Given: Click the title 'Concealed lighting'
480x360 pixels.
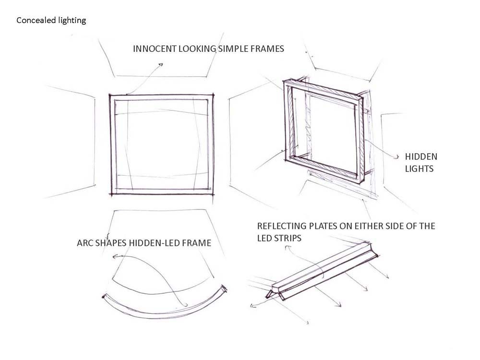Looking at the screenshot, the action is (51, 21).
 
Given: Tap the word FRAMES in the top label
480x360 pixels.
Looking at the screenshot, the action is (267, 48).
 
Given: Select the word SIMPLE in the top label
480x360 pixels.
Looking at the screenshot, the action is (233, 48).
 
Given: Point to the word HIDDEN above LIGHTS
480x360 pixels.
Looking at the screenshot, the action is (421, 157).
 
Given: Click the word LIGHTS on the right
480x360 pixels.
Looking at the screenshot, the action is (419, 168).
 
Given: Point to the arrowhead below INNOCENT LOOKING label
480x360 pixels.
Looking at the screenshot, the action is (160, 64).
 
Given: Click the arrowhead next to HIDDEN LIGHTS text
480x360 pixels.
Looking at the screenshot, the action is (397, 157).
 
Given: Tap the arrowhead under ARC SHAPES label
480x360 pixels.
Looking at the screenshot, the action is (115, 256).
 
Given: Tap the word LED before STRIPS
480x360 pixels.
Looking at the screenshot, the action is (264, 238).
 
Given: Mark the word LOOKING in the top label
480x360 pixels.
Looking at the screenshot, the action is (197, 48).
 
